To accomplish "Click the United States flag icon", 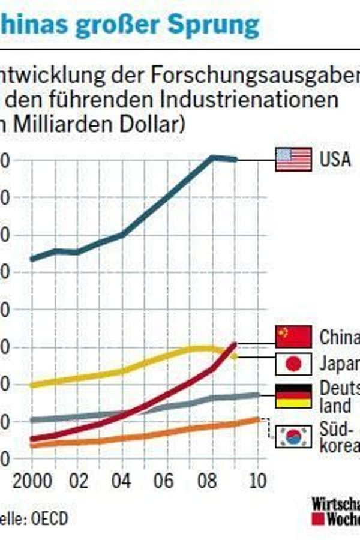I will [293, 159].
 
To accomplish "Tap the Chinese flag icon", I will [293, 337].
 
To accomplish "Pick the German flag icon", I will [293, 396].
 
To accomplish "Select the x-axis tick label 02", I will [79, 481].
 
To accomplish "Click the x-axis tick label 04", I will [122, 481].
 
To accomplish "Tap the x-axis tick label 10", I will [257, 481].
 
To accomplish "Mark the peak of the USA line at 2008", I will [213, 157].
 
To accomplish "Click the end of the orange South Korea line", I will [259, 419].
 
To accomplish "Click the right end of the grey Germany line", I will [259, 394].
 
